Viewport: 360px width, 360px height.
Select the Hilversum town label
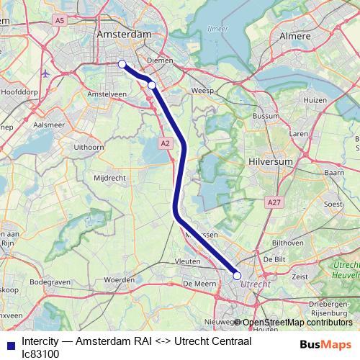coord(271,163)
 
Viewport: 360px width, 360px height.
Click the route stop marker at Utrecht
coord(237,275)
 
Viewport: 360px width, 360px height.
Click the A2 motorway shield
coord(166,144)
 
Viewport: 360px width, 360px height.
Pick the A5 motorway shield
coord(60,21)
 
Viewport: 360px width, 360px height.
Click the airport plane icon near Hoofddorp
coord(46,73)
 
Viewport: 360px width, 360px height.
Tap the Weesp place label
coord(200,91)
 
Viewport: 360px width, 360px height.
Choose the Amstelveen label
coord(106,94)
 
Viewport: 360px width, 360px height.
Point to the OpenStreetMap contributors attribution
coord(298,323)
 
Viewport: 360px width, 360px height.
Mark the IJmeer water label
coord(217,30)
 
